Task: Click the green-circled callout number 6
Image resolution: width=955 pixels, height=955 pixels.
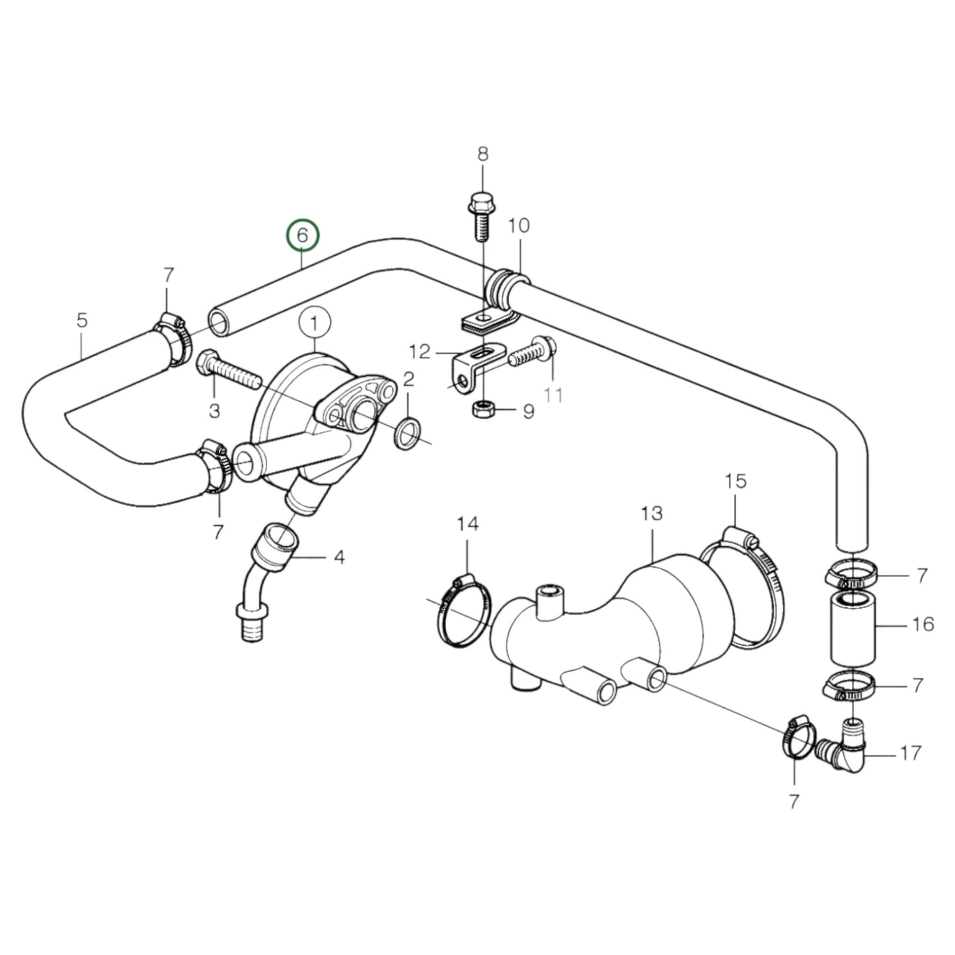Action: [x=302, y=236]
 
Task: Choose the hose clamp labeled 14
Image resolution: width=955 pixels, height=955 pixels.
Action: [x=463, y=611]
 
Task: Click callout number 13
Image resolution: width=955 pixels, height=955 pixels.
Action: [x=651, y=514]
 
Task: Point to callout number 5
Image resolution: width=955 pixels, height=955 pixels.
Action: [x=81, y=321]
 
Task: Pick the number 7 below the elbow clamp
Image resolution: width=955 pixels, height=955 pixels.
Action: [x=793, y=801]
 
